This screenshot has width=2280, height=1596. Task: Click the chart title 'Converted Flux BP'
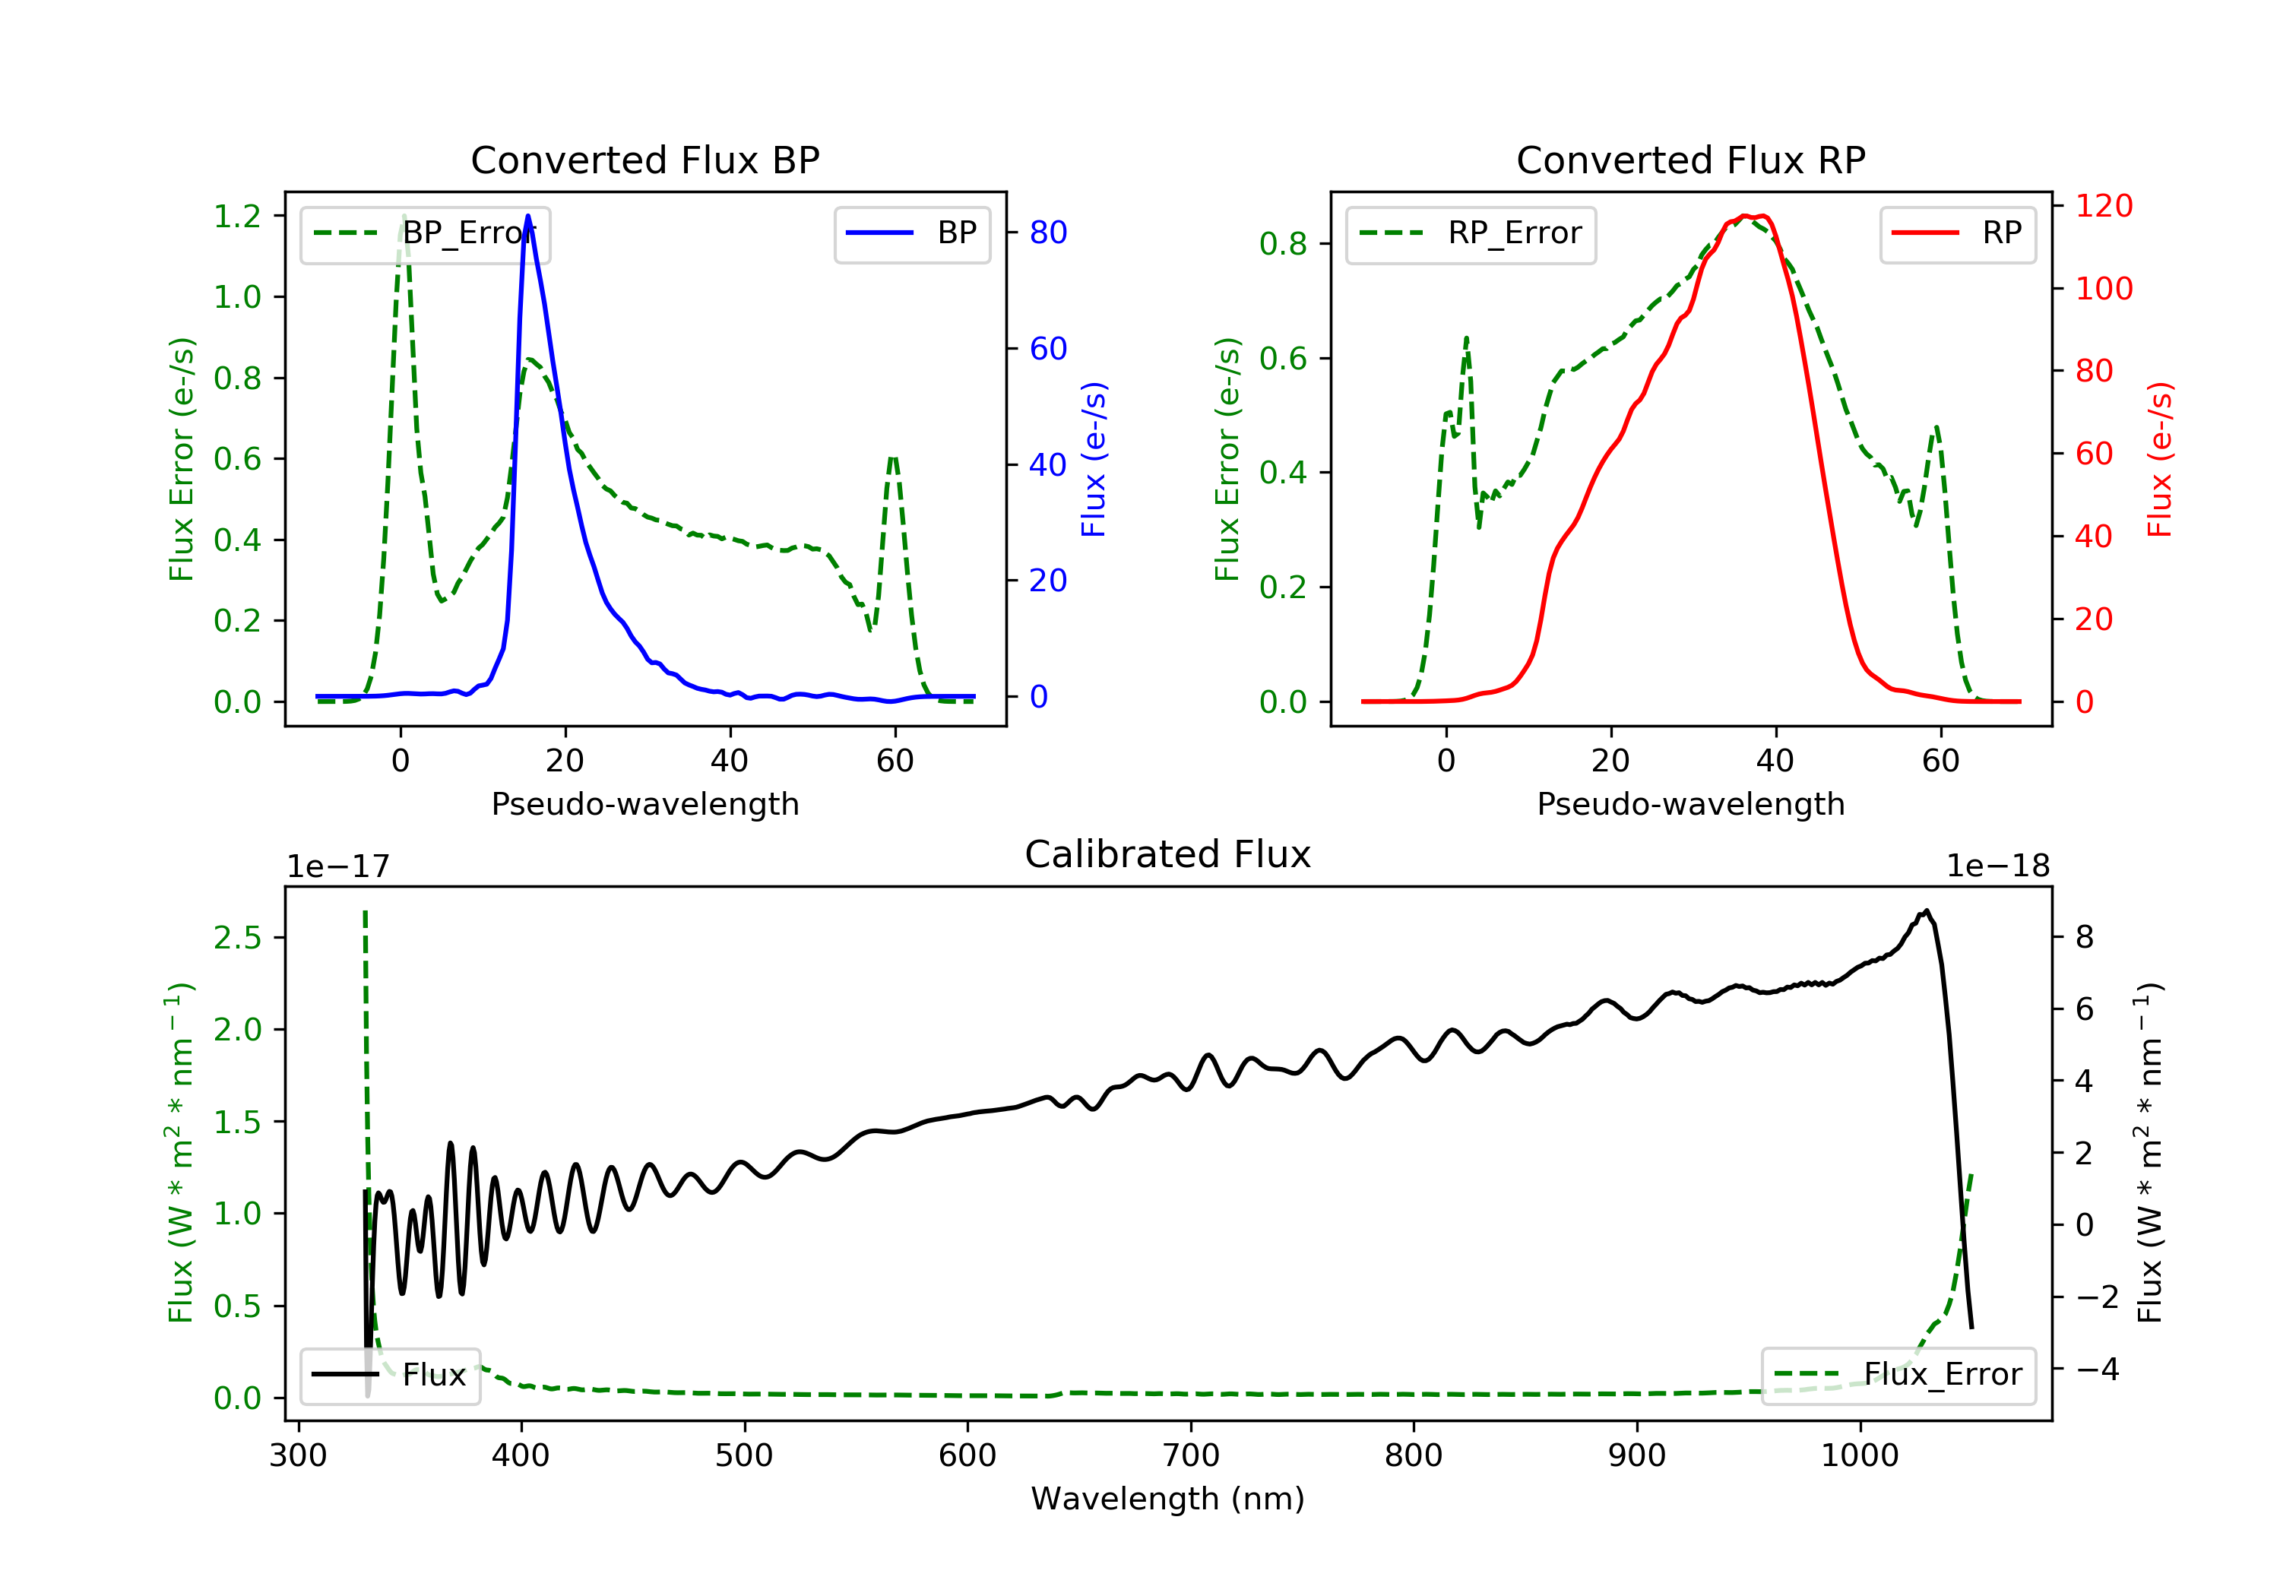tap(645, 160)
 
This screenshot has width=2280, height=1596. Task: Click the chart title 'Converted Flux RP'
tap(1691, 160)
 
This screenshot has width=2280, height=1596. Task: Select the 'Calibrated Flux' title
tap(1168, 854)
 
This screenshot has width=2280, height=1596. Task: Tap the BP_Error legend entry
tap(425, 233)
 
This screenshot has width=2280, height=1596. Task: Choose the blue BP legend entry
tap(911, 233)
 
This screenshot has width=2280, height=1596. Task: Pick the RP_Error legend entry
tap(1471, 233)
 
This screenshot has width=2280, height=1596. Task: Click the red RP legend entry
tap(1957, 233)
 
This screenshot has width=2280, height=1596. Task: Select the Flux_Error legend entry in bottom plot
tap(1898, 1375)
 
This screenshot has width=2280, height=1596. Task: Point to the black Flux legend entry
tap(389, 1375)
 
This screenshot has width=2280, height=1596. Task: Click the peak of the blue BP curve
tap(527, 216)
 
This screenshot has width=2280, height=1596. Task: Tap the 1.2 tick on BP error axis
tap(237, 217)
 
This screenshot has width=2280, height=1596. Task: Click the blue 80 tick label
tap(1047, 233)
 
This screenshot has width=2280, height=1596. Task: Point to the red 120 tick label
tap(2104, 206)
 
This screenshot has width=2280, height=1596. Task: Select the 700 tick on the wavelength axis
tap(1191, 1456)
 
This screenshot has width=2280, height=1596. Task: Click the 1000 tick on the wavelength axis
tap(1860, 1456)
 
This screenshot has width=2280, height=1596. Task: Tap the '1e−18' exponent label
tap(1998, 866)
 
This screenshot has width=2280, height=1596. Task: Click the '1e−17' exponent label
tap(339, 866)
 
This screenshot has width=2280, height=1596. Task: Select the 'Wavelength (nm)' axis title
tap(1168, 1499)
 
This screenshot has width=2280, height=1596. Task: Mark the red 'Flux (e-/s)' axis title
tap(2160, 459)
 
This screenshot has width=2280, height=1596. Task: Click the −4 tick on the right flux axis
tap(2098, 1370)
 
